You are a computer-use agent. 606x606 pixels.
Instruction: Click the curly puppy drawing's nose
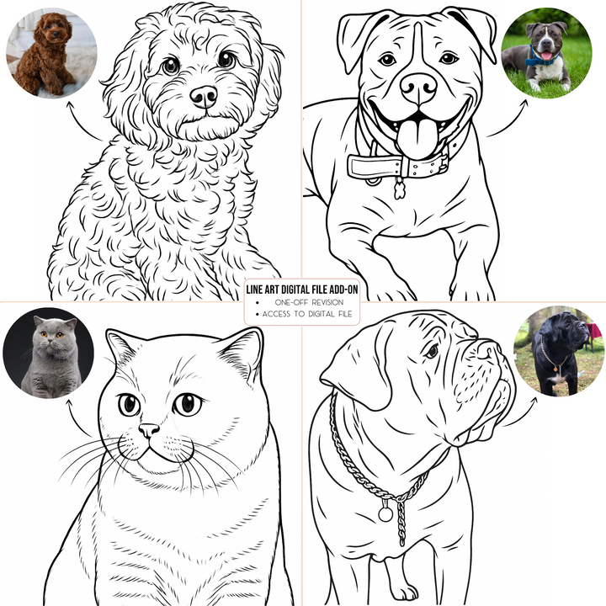pyautogui.click(x=203, y=96)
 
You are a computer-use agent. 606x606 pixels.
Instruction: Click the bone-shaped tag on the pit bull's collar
pyautogui.click(x=399, y=189)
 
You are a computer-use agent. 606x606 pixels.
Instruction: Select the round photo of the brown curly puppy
pyautogui.click(x=51, y=53)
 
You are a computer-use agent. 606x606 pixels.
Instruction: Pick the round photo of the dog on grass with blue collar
pyautogui.click(x=546, y=53)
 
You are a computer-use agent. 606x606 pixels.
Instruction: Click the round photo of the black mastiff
pyautogui.click(x=558, y=351)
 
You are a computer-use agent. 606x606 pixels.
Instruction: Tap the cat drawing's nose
pyautogui.click(x=149, y=430)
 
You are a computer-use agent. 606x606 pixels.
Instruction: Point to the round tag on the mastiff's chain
pyautogui.click(x=386, y=511)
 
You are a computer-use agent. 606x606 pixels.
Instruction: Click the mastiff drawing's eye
pyautogui.click(x=431, y=350)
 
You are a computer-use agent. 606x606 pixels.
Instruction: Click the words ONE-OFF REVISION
pyautogui.click(x=308, y=302)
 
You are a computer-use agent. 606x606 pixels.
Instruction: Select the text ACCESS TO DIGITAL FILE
pyautogui.click(x=308, y=315)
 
